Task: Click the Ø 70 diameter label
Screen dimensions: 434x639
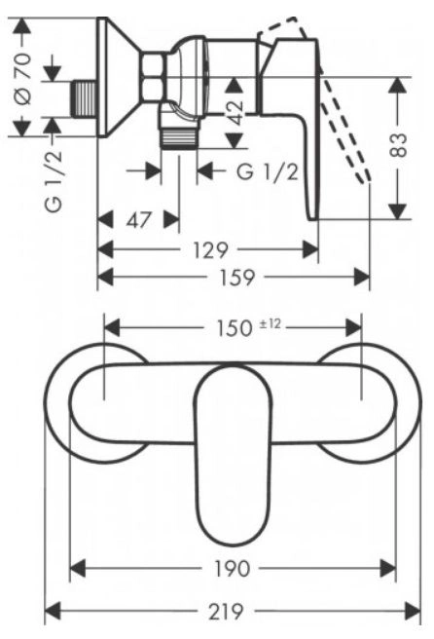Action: [23, 79]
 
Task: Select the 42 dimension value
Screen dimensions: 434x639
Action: [235, 112]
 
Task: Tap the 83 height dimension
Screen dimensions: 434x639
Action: [399, 145]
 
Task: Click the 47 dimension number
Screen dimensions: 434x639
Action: [138, 220]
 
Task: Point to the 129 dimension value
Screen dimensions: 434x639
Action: [210, 249]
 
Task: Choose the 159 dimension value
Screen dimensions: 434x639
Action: [236, 278]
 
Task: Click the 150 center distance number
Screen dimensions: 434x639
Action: [234, 328]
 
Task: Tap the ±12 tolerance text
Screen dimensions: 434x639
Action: [271, 324]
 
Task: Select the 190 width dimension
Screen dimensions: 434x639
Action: [232, 569]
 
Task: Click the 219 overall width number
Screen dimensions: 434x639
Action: [226, 612]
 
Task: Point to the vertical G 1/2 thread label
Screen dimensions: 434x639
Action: [54, 181]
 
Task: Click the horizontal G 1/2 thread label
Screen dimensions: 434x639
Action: [268, 172]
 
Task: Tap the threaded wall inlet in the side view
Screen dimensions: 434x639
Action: [85, 98]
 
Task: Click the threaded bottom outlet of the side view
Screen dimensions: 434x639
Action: [179, 137]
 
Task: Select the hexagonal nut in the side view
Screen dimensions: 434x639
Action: [153, 76]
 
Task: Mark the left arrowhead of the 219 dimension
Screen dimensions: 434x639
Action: [53, 612]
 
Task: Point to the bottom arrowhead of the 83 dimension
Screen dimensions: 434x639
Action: [398, 211]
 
